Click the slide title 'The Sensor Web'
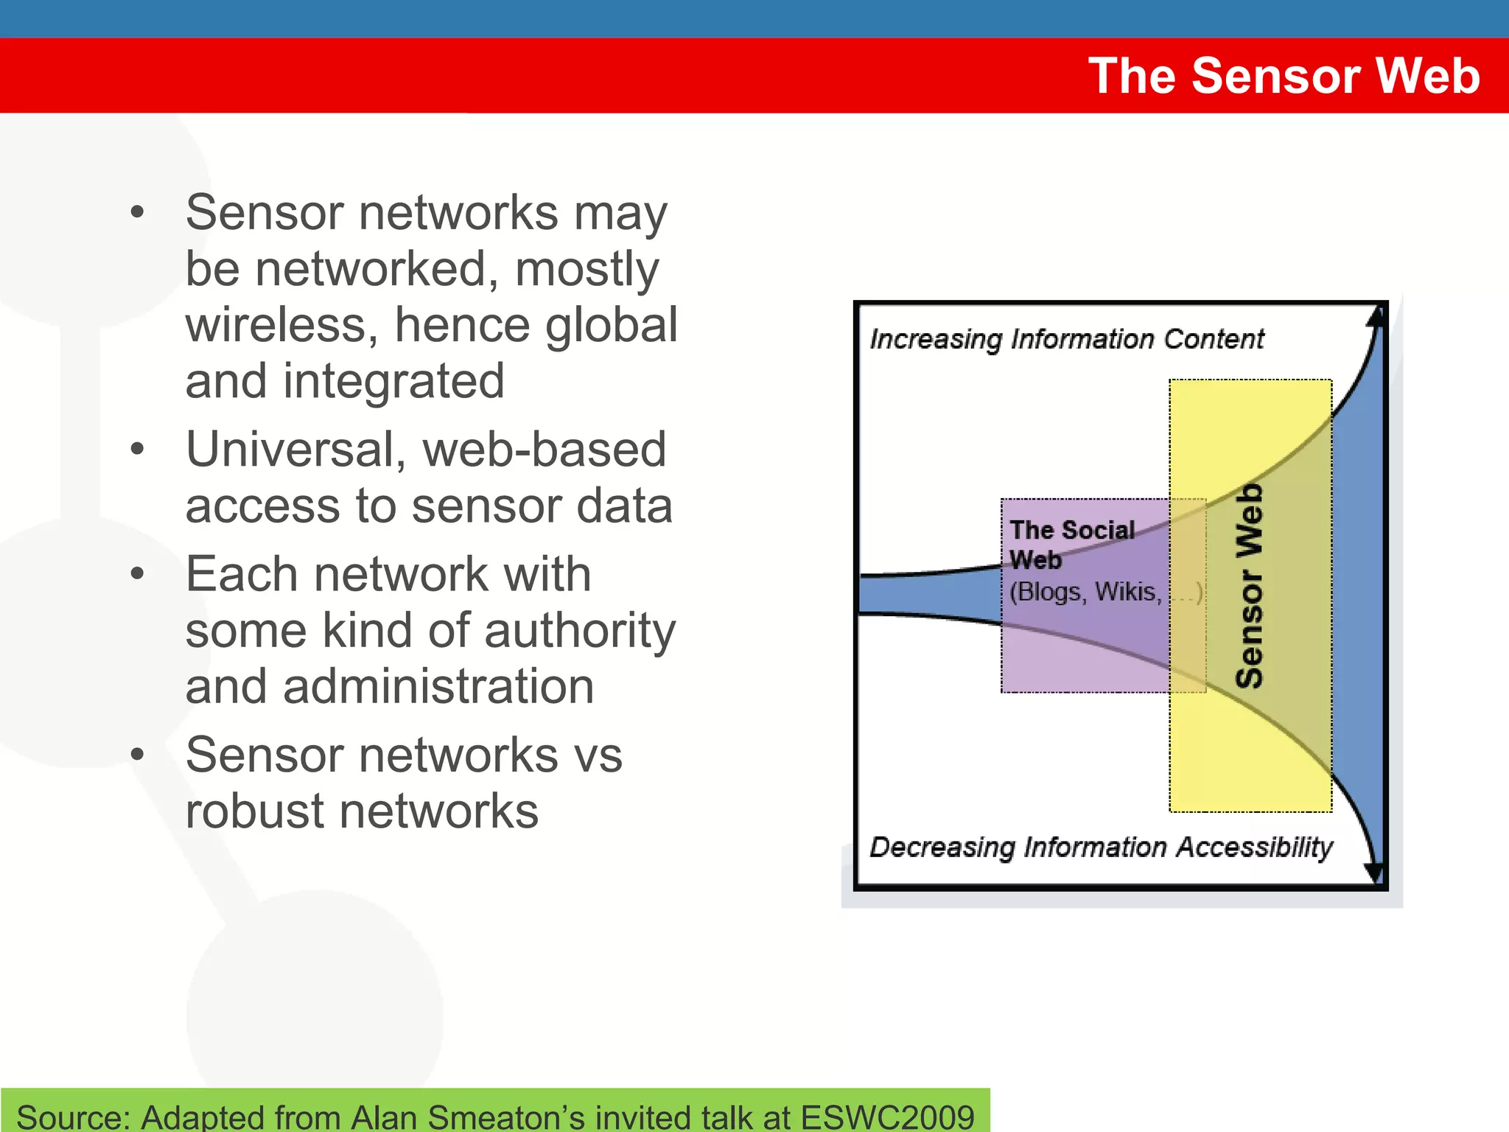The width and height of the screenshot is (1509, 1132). tap(1284, 76)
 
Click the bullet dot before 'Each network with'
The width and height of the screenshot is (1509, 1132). tap(137, 574)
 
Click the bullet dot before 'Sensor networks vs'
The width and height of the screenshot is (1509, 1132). tap(137, 755)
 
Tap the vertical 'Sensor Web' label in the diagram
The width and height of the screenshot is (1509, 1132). tap(1250, 586)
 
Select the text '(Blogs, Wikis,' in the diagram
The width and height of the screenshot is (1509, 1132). tap(1085, 592)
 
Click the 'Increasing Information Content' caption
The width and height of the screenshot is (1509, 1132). tap(1066, 339)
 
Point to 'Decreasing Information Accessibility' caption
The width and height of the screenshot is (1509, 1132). tap(1101, 848)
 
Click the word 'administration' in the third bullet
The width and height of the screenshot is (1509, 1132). tap(438, 687)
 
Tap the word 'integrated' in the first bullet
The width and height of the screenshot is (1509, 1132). tap(393, 382)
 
